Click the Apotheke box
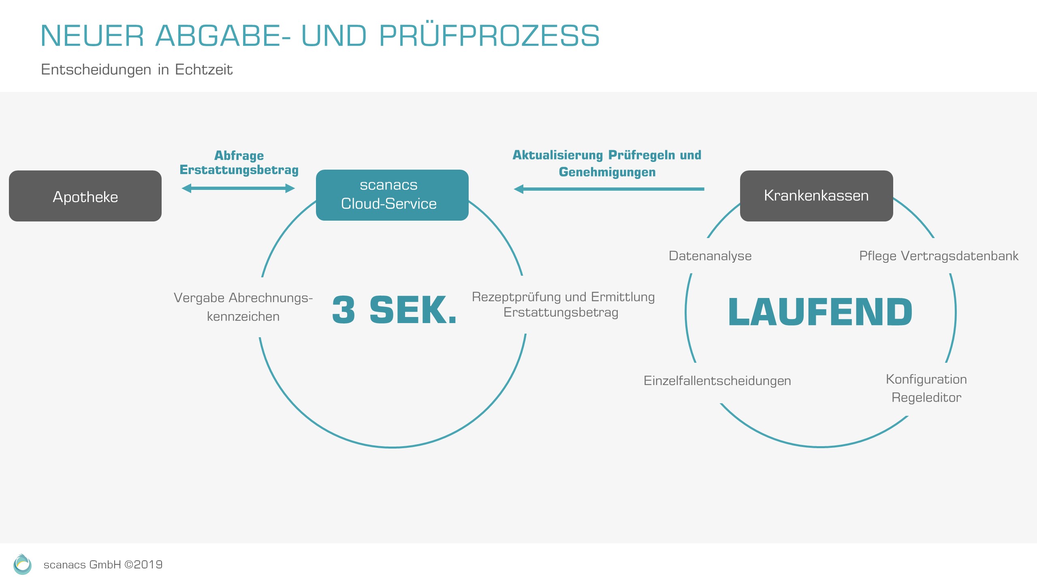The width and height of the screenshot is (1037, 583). pyautogui.click(x=85, y=196)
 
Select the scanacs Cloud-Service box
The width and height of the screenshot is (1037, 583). pyautogui.click(x=392, y=195)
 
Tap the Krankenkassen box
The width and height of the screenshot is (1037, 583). pyautogui.click(x=816, y=196)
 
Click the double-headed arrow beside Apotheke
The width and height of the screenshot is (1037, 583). pyautogui.click(x=238, y=188)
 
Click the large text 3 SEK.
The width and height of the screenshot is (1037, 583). pyautogui.click(x=394, y=310)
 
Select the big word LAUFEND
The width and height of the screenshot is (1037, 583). pyautogui.click(x=820, y=312)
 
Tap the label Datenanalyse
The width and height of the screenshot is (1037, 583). pyautogui.click(x=710, y=256)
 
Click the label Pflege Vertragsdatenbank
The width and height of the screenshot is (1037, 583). pyautogui.click(x=938, y=256)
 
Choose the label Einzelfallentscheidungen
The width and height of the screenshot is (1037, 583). pyautogui.click(x=717, y=381)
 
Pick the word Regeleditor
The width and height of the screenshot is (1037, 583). pyautogui.click(x=926, y=398)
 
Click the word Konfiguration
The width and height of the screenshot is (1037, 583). pyautogui.click(x=926, y=379)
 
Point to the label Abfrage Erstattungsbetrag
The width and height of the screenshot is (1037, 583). pyautogui.click(x=239, y=163)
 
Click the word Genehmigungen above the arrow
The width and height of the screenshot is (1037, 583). pyautogui.click(x=607, y=172)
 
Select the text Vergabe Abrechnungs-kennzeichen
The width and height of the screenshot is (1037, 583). pyautogui.click(x=243, y=307)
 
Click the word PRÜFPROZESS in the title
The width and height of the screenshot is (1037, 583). pyautogui.click(x=489, y=36)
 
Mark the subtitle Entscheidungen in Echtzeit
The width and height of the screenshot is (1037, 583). pyautogui.click(x=137, y=70)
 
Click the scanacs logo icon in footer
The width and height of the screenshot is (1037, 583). pyautogui.click(x=22, y=564)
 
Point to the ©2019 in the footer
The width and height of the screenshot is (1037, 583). pyautogui.click(x=143, y=565)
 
